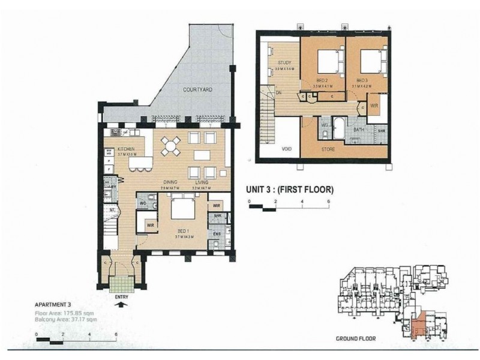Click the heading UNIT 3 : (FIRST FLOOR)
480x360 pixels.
click(x=289, y=191)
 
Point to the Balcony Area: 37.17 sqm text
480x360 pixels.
click(x=67, y=320)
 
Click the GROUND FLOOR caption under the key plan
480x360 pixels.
click(x=355, y=338)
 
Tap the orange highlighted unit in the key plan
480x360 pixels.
click(x=419, y=325)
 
